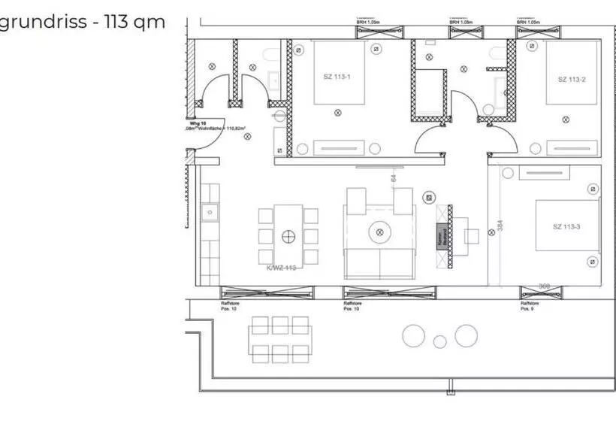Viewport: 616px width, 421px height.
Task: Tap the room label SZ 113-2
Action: coord(571,79)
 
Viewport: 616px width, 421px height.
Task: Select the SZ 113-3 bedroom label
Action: coord(566,226)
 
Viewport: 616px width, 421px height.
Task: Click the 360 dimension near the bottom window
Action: coord(546,286)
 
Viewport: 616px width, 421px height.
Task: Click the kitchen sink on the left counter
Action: coord(208,213)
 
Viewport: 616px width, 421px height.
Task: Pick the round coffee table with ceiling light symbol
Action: coord(379,232)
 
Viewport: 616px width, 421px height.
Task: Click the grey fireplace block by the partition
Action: coord(442,237)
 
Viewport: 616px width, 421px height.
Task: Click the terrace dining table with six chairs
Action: coord(280,340)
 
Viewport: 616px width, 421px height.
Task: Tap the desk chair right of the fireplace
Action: coord(472,236)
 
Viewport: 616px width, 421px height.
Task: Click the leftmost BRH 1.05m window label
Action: coord(368,23)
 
